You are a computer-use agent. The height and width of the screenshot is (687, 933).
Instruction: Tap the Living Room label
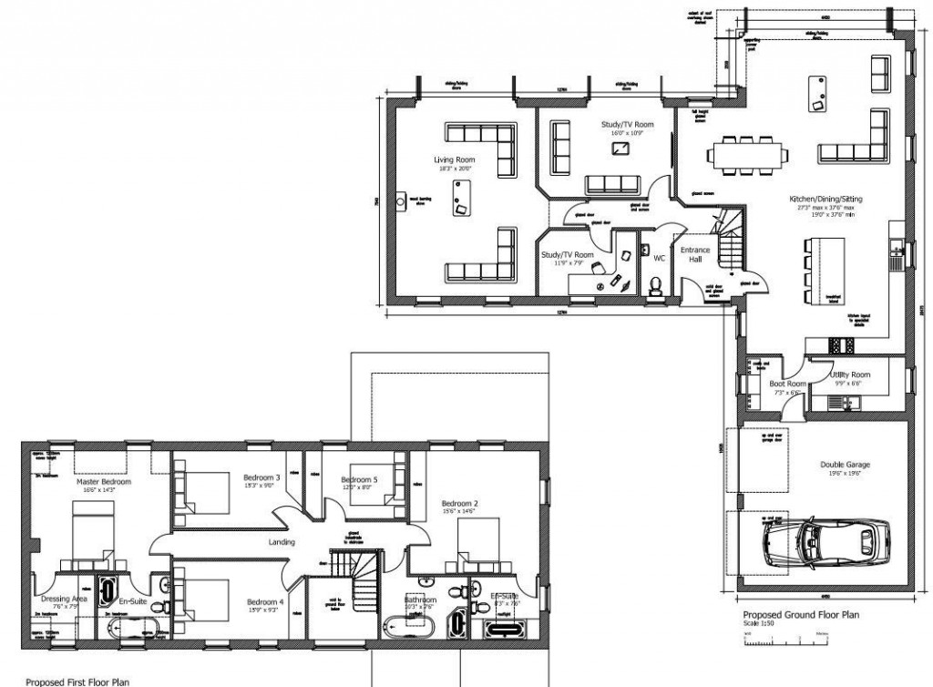(454, 159)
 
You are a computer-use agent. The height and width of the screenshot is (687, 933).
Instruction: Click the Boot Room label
(786, 384)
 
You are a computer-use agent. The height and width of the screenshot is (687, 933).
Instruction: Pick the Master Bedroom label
(104, 481)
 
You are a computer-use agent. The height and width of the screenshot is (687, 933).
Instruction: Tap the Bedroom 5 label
(358, 479)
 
